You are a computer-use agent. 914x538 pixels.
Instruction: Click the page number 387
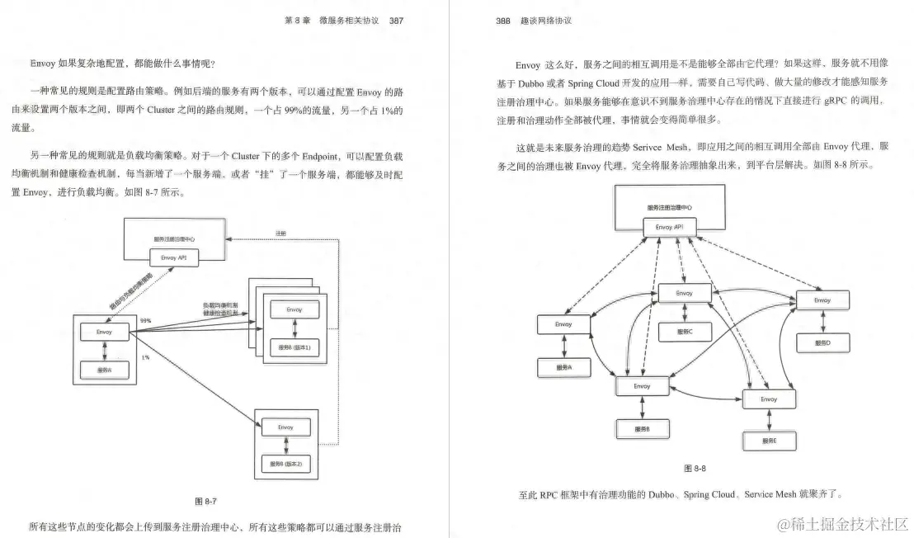click(396, 21)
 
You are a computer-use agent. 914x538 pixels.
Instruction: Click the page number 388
click(502, 21)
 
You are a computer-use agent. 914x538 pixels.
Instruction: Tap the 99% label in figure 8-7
click(145, 320)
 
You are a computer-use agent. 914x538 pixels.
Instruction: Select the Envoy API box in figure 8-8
click(669, 226)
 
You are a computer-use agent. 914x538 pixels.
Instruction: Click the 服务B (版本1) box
click(294, 347)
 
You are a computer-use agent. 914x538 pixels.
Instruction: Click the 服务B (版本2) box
click(285, 465)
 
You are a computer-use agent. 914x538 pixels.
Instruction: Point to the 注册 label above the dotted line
click(280, 234)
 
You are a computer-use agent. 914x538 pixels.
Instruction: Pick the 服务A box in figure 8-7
click(104, 370)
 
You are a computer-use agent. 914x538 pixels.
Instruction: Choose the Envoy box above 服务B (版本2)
click(285, 428)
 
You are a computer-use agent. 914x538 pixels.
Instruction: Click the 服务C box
click(685, 332)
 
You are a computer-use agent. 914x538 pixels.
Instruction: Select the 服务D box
click(822, 342)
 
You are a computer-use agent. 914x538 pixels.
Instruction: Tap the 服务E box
click(768, 441)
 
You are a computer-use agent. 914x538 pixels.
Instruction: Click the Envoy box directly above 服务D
click(822, 301)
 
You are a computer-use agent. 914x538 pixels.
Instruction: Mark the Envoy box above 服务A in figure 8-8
click(563, 325)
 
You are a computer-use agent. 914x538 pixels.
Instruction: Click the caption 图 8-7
click(205, 501)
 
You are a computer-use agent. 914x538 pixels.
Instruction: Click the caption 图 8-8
click(695, 469)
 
